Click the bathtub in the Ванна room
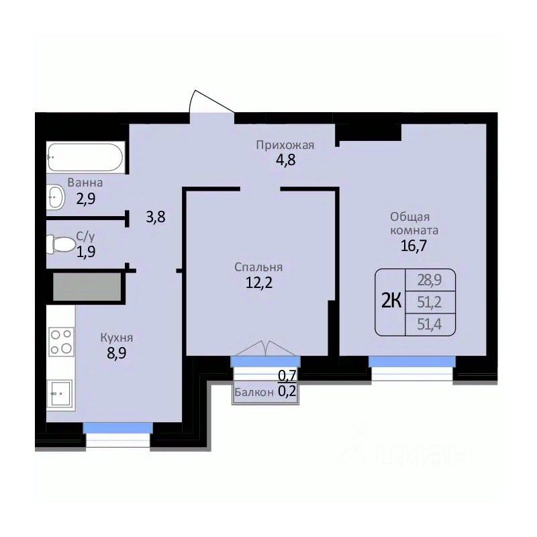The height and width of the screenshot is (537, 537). pos(85,157)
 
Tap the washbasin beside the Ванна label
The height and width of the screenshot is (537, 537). pos(56,197)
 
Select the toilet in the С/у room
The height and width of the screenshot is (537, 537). pos(61,244)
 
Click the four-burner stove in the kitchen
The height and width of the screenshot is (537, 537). pos(62,342)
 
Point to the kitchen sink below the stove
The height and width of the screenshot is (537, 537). pos(60,395)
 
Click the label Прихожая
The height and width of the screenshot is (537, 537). pos(285,145)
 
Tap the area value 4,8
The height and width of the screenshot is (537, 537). pos(286,160)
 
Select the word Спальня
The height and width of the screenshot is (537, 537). pos(258,266)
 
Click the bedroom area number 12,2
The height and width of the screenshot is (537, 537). pos(259,283)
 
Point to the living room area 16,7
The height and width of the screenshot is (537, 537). pos(413,246)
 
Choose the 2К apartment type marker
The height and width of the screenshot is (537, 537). pos(391,301)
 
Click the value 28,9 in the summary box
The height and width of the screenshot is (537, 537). pos(430,280)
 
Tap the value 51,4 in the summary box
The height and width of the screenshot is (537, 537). pos(430,324)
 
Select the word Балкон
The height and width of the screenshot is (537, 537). pos(254,392)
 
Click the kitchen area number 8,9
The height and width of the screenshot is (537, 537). pos(116,353)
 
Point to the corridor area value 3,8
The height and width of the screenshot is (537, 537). pos(156,217)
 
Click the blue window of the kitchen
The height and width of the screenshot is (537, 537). pos(118,428)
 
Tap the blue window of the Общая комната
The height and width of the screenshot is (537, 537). pos(412,362)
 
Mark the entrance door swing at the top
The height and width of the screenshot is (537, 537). pos(211,101)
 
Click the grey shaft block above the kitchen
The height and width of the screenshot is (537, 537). pos(87,287)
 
